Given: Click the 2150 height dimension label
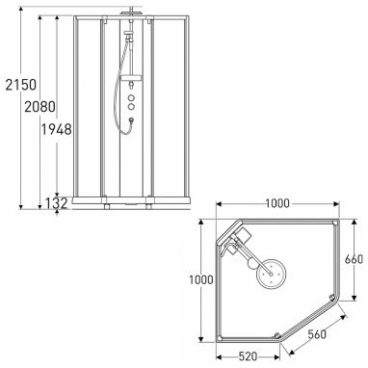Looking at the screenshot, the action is pyautogui.click(x=21, y=85).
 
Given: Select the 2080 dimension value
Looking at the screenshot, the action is pyautogui.click(x=40, y=107).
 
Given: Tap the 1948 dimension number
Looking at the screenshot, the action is pyautogui.click(x=56, y=129).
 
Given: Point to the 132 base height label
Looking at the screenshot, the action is pyautogui.click(x=56, y=203).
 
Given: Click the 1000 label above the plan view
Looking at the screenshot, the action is pyautogui.click(x=277, y=203).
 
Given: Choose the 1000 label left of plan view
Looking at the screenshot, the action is pyautogui.click(x=201, y=279).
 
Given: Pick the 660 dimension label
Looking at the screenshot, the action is pyautogui.click(x=354, y=259).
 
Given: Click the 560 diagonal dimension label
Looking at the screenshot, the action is pyautogui.click(x=317, y=334).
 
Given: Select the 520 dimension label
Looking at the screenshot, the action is pyautogui.click(x=248, y=356).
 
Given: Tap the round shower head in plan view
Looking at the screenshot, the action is pyautogui.click(x=272, y=275).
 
